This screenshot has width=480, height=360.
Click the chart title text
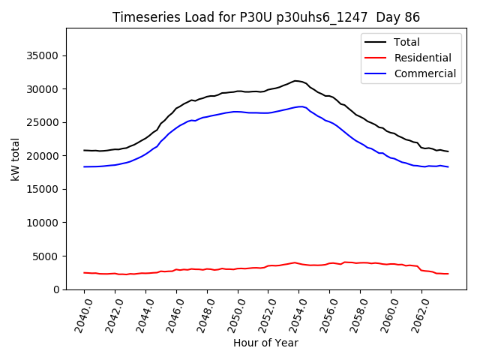[x=266, y=17]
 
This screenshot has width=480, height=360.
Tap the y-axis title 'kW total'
[x=16, y=159]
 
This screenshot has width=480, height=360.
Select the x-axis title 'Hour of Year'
[x=265, y=343]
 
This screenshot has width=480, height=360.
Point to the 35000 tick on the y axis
[x=45, y=55]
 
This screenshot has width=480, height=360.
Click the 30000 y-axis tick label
[x=45, y=89]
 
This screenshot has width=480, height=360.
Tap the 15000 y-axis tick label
[x=45, y=189]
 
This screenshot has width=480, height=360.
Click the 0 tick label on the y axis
[x=57, y=289]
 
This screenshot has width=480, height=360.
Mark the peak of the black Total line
[x=296, y=80]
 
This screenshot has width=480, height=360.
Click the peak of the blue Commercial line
[x=300, y=106]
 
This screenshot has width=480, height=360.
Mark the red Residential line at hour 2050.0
[x=238, y=268]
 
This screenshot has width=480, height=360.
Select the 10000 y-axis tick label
[x=45, y=223]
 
